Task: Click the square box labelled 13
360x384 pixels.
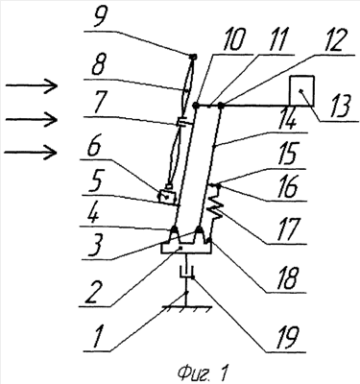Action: [301, 90]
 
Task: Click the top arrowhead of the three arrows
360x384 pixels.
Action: [51, 85]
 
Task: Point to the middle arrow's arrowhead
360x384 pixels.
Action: [51, 119]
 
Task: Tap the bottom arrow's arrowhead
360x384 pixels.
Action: [51, 153]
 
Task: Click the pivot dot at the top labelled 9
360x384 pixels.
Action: [193, 58]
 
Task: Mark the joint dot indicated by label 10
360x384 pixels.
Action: [197, 105]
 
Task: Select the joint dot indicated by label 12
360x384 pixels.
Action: [222, 105]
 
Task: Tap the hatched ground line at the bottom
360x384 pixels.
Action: [186, 308]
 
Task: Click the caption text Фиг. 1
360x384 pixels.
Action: [203, 373]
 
